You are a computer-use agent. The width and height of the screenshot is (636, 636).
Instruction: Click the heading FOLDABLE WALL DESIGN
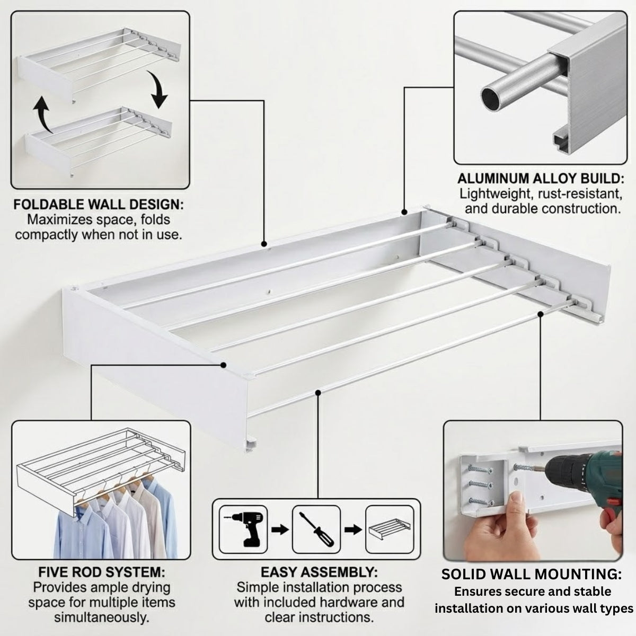click(99, 205)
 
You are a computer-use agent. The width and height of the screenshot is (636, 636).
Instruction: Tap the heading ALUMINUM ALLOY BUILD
click(541, 179)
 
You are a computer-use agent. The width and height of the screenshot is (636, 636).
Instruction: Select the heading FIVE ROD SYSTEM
click(102, 572)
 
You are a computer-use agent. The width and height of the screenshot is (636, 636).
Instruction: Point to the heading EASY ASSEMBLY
click(319, 572)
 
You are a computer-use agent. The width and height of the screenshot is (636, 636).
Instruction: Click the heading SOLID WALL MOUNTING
click(532, 575)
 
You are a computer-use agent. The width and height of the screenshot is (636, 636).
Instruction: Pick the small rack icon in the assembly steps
click(390, 531)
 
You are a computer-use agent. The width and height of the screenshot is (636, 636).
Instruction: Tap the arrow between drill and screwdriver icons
click(280, 531)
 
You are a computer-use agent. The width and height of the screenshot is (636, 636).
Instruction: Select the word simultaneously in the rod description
click(102, 618)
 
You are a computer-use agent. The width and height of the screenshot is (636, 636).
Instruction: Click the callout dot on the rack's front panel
click(224, 365)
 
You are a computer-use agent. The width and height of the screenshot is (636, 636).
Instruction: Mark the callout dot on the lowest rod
click(318, 392)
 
